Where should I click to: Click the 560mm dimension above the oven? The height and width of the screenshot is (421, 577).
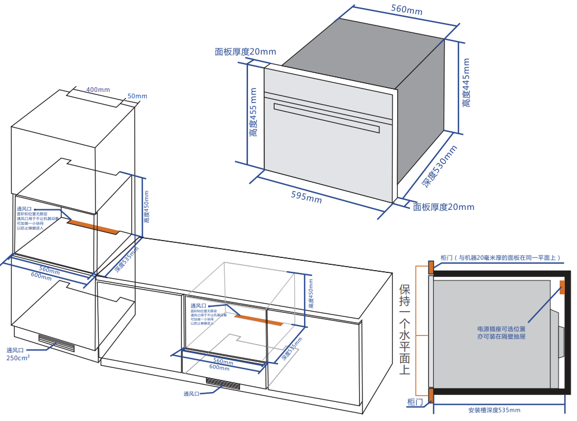[406, 10]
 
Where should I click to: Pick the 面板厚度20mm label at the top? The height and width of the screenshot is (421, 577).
[245, 51]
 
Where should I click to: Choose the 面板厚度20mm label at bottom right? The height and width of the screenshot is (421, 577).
[443, 207]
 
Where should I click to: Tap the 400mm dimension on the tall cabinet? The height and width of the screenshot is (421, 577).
[98, 90]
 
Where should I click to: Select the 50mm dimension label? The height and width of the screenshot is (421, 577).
[137, 96]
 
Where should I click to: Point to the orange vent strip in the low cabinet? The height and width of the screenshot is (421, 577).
[258, 319]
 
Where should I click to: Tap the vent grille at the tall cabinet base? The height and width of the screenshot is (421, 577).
[57, 342]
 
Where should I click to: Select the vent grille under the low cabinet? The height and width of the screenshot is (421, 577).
[223, 383]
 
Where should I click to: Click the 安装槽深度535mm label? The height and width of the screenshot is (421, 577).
[494, 410]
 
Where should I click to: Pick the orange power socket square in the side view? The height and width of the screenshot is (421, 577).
[562, 287]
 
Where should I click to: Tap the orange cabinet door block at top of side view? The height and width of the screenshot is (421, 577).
[430, 267]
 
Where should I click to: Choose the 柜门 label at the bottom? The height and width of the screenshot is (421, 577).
[415, 401]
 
